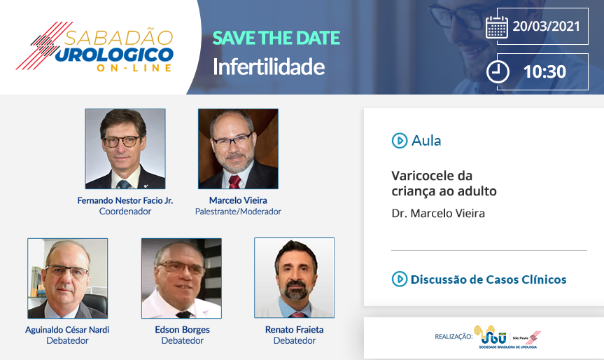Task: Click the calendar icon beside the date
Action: pos(496,27)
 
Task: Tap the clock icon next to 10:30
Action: pos(498,71)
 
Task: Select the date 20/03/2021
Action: pos(546,26)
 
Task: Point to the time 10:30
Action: pos(545,71)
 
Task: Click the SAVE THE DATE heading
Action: pos(276,38)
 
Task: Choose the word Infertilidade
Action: pos(269,67)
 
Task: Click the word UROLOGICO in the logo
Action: pos(115,55)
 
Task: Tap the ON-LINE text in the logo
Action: pos(134,68)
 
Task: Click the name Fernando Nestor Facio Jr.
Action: pos(125,200)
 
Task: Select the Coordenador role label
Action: pos(125,212)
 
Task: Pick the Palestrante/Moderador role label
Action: pos(238,212)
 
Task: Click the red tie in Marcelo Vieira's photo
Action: pos(234,182)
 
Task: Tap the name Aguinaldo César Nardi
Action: pos(67,330)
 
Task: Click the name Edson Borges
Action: pos(182,330)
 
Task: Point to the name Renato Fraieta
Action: pos(294,330)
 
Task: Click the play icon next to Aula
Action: pos(400,141)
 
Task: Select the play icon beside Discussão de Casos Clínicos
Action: pos(400,279)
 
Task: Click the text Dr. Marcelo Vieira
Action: pos(438,213)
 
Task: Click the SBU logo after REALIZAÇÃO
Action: pos(507,337)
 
